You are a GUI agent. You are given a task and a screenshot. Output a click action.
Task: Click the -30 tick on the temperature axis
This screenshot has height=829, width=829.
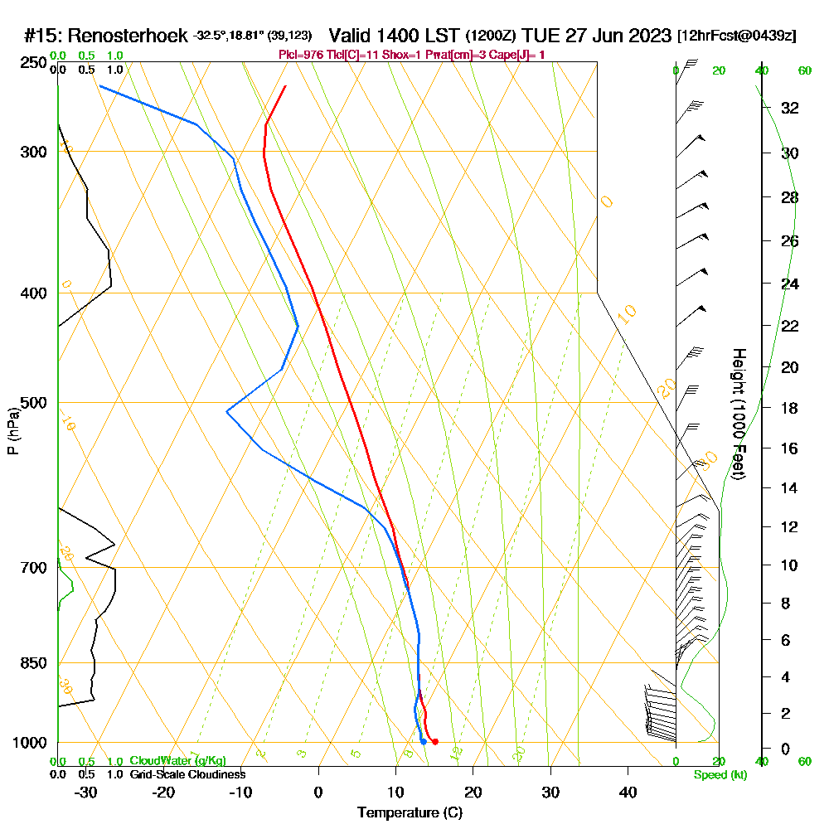[x=85, y=792]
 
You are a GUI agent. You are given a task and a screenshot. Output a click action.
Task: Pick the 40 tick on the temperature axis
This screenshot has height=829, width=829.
[x=628, y=792]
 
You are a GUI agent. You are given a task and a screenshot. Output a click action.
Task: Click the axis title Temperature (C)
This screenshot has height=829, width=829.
[x=410, y=813]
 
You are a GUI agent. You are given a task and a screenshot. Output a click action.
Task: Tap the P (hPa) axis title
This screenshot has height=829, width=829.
[x=12, y=431]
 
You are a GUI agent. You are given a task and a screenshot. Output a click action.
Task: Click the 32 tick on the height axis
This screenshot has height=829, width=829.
[x=790, y=108]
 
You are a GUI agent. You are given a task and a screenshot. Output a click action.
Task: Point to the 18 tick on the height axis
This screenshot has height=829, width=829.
[x=790, y=408]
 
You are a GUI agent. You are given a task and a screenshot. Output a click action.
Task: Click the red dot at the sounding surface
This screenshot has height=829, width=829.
[x=434, y=741]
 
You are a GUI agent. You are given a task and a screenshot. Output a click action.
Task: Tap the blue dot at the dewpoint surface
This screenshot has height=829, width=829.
[x=423, y=741]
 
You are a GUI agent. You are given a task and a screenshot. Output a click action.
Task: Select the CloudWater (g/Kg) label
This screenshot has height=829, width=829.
[x=177, y=761]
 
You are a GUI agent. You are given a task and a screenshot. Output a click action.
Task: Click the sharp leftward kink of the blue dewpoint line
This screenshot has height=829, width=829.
[x=226, y=411]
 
